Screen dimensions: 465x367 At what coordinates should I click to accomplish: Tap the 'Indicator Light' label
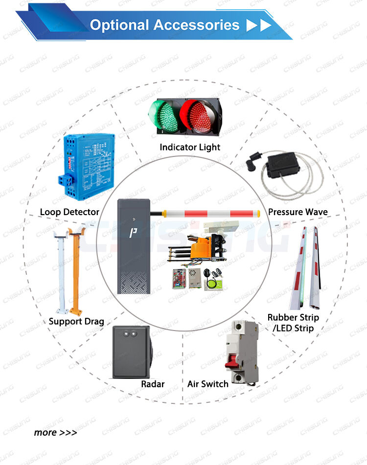pos(190,147)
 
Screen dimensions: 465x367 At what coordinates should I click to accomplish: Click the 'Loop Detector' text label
pos(69,212)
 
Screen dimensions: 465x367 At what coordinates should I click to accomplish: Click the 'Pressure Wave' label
pos(298,212)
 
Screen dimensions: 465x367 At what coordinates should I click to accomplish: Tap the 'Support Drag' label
pos(76,321)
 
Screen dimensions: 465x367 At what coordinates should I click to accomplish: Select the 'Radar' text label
pos(153,384)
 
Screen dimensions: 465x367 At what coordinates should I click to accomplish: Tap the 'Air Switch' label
pos(208,384)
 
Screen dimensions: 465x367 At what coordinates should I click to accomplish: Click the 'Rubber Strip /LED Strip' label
pos(293,323)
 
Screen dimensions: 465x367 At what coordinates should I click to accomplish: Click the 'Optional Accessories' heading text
pos(165,25)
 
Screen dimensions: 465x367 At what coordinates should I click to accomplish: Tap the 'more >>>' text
pos(55,432)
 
